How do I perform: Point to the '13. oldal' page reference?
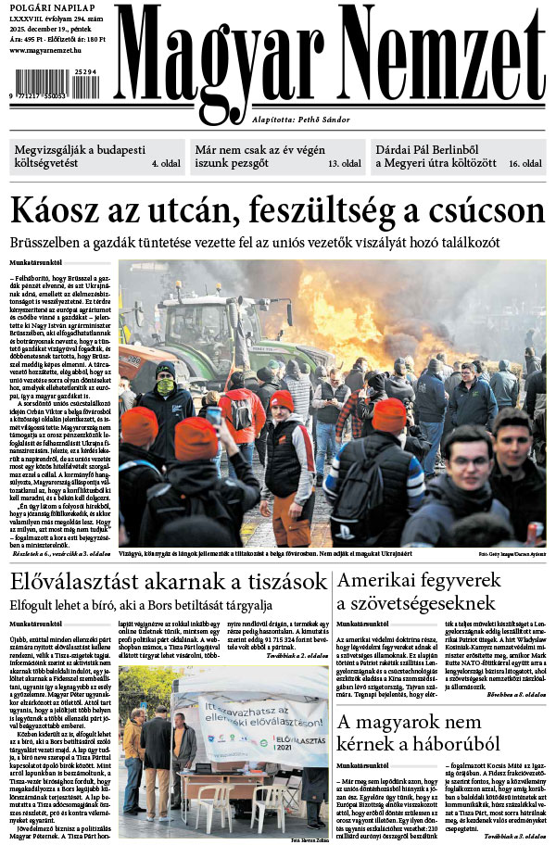pyautogui.click(x=344, y=164)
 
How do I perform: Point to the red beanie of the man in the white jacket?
pyautogui.click(x=282, y=400)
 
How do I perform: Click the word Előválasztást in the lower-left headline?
pyautogui.click(x=77, y=582)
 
